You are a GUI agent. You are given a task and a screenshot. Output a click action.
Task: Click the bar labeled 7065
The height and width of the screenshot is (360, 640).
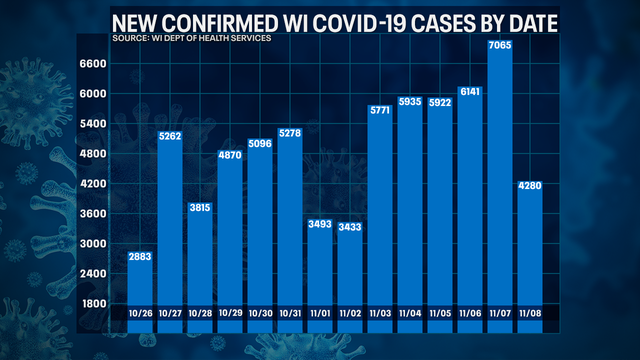point(499,180)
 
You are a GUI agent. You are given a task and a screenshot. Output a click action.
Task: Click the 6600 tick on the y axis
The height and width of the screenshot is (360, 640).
point(93,64)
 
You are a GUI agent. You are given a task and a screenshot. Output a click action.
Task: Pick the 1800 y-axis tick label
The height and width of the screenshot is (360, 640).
point(93,303)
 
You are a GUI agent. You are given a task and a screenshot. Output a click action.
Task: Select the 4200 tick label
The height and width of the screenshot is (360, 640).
point(93,184)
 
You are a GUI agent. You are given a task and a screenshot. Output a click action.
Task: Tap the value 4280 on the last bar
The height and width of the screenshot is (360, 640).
point(529,187)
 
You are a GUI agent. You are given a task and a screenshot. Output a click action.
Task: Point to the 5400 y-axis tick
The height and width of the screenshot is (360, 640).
point(93,124)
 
